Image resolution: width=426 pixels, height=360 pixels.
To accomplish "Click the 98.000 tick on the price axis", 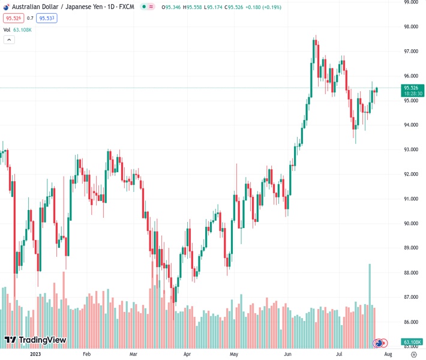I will (x=410, y=27).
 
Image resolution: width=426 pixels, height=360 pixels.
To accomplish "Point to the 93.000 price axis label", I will (x=410, y=149).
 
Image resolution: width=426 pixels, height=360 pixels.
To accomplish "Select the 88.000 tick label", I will (x=410, y=272).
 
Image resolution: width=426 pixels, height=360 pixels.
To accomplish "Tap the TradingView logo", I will (x=35, y=341).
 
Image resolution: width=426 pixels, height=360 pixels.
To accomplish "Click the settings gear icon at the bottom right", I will (x=414, y=354).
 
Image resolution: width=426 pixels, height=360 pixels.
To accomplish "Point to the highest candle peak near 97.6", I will (x=315, y=37).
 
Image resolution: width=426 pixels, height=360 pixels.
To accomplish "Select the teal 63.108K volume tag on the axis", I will (x=414, y=343).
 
